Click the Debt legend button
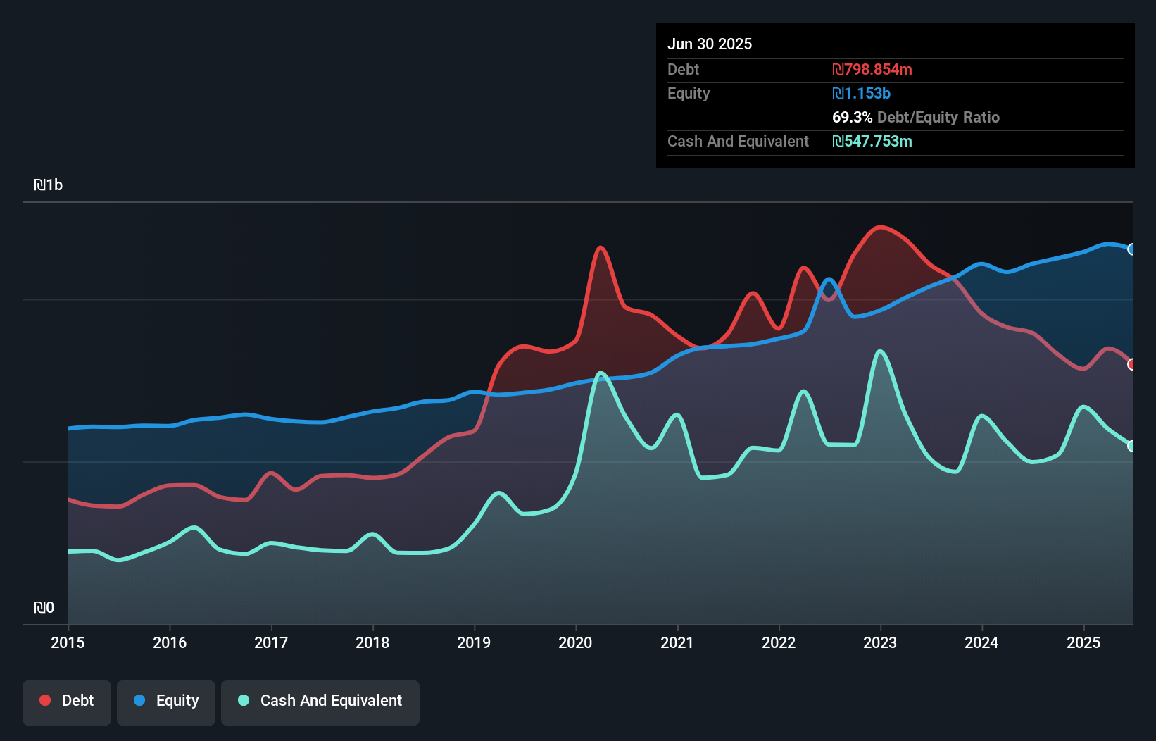click(x=67, y=701)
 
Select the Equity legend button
click(x=166, y=701)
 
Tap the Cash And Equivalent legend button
click(x=320, y=701)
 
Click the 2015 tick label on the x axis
click(x=68, y=642)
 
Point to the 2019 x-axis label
click(x=474, y=642)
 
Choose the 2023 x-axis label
click(x=880, y=642)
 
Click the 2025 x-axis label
click(x=1083, y=642)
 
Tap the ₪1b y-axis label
click(x=49, y=185)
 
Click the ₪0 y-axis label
click(x=44, y=607)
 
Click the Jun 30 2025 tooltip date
click(x=710, y=44)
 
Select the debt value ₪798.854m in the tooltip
click(x=872, y=70)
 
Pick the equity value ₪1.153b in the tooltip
click(x=861, y=94)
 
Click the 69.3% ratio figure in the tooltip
click(x=852, y=118)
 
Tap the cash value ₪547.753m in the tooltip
click(x=872, y=142)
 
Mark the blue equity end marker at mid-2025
click(x=1131, y=249)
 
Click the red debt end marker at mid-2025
click(x=1131, y=364)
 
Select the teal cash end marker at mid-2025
click(x=1131, y=446)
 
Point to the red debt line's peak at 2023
click(x=879, y=227)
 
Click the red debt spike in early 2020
click(x=600, y=248)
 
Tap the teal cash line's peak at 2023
click(x=880, y=351)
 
